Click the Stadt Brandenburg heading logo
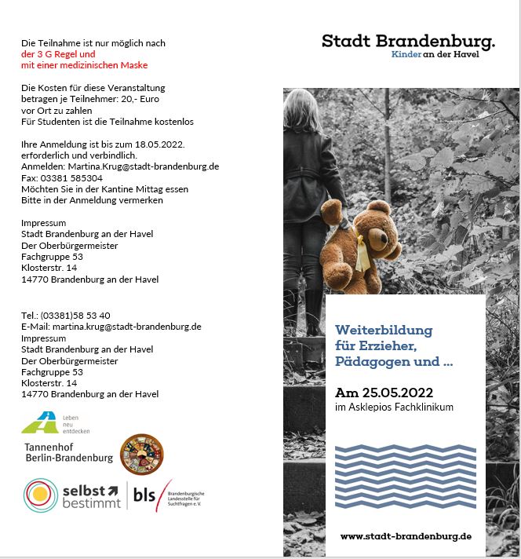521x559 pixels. point(408,40)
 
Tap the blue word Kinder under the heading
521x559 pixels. point(406,53)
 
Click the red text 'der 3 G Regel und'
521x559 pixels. point(58,54)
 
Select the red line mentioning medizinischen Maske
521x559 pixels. point(84,65)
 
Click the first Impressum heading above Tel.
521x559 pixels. point(43,223)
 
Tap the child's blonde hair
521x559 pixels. point(302,110)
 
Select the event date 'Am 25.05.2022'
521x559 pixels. point(384,392)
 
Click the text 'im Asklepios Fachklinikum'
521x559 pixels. point(394,407)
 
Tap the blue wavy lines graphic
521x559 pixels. point(405,475)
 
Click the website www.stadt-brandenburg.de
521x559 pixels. point(406,535)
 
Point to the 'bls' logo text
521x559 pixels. point(144,495)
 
